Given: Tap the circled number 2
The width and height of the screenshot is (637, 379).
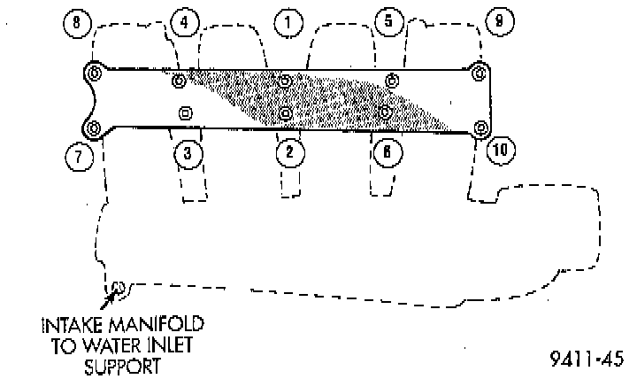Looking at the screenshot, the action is (288, 152).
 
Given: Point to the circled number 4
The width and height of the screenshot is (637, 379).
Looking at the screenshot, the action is (183, 23).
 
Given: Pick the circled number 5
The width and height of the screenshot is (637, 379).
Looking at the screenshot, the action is (387, 22).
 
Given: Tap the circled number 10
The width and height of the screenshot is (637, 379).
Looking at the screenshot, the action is (501, 151).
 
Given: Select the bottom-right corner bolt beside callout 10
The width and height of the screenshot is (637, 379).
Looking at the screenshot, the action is (480, 128).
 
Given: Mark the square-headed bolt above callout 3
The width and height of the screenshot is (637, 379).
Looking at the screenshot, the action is (185, 112).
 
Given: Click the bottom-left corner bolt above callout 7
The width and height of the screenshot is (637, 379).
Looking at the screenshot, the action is (93, 127).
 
